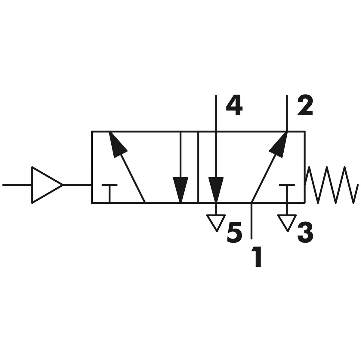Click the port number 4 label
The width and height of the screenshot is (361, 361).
tap(234, 106)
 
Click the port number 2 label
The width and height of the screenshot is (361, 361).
tap(305, 106)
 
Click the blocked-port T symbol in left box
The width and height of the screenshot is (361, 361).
tap(110, 193)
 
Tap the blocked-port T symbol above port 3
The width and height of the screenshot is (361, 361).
tap(287, 193)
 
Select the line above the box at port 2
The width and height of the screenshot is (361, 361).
tap(287, 113)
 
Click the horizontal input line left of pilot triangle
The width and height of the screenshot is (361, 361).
tap(17, 185)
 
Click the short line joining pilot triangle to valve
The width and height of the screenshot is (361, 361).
tap(77, 185)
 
